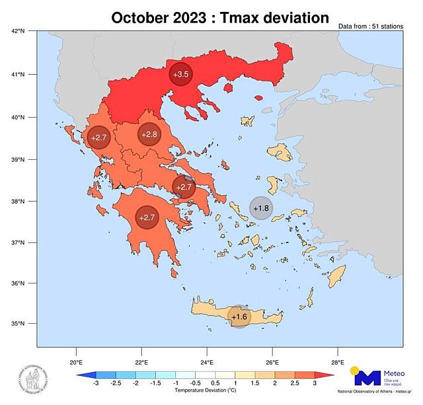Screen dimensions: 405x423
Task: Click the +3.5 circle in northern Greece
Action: point(181,75)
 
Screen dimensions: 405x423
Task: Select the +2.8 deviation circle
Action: point(150,135)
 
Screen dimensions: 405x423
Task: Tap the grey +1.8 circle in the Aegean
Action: point(261,208)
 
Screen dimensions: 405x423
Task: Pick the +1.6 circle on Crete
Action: point(239,317)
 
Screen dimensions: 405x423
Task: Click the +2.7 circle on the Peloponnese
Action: point(147,217)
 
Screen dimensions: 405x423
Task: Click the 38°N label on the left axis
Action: point(18,202)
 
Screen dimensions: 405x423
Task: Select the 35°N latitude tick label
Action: point(18,324)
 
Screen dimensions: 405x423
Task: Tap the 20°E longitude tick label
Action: point(76,361)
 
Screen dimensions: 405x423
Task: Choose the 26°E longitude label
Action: point(272,361)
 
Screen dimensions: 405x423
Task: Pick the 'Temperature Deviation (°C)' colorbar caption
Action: point(206,391)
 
